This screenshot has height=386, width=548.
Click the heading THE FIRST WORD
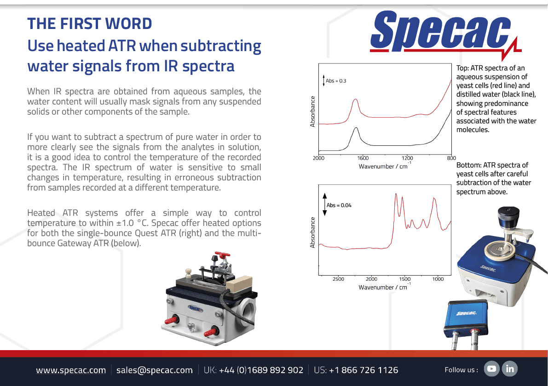pos(89,24)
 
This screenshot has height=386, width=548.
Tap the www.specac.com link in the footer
pos(71,370)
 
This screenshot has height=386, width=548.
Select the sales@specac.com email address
pos(155,370)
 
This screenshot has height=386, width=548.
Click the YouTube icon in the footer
pos(491,369)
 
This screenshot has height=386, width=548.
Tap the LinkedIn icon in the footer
pos(509,369)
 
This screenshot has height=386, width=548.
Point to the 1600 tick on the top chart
pos(363,158)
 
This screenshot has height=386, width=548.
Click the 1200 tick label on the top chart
pos(407,158)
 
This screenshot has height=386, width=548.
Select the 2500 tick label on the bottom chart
pos(338,279)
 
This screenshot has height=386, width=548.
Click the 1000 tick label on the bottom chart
pos(438,279)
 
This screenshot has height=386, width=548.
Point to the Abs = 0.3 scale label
pos(336,81)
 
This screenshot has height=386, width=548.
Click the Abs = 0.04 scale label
pos(339,205)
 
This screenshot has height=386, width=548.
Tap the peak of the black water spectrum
pos(356,128)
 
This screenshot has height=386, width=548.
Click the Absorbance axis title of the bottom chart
pos(312,232)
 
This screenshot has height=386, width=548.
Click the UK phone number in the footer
pos(254,370)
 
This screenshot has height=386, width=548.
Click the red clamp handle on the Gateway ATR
pos(222,254)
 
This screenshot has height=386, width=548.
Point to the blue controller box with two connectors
pos(466,318)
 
